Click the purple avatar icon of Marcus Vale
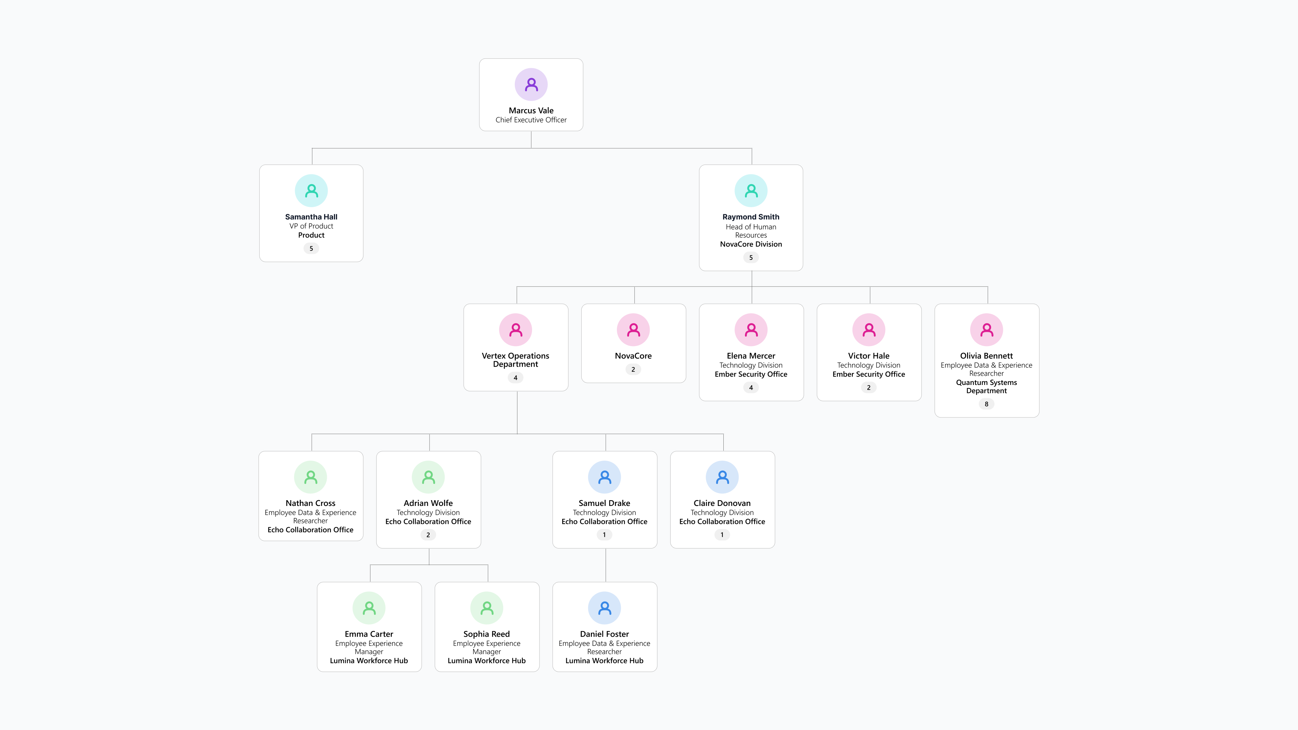click(531, 84)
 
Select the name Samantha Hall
click(311, 217)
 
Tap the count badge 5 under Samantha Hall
click(311, 248)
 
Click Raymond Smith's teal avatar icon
click(751, 191)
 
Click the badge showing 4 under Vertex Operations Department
click(515, 378)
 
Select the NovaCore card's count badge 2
click(633, 369)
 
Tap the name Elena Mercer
click(751, 356)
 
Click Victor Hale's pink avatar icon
click(869, 330)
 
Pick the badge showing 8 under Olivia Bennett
click(987, 404)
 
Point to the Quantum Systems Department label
click(987, 386)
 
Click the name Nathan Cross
click(310, 503)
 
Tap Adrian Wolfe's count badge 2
click(428, 535)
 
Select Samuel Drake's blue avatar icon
click(605, 477)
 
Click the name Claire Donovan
click(722, 503)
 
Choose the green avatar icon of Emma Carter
click(369, 608)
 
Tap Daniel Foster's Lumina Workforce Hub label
click(605, 660)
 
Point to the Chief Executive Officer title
click(531, 120)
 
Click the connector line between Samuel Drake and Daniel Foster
click(606, 565)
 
